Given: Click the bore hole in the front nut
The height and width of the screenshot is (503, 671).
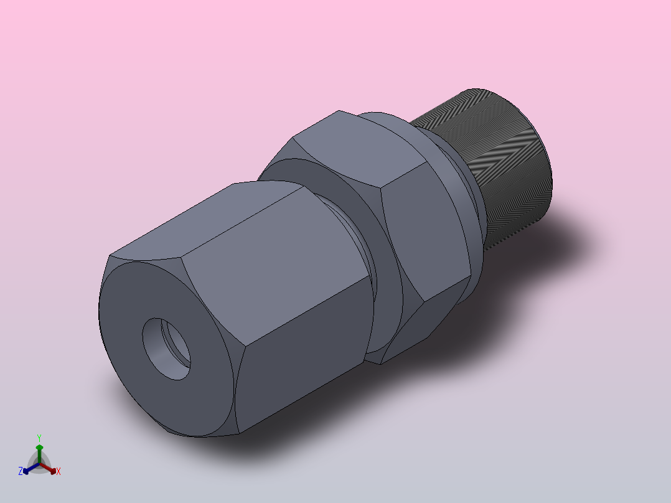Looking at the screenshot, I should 163,350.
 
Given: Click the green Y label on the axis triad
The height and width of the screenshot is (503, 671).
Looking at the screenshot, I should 39,438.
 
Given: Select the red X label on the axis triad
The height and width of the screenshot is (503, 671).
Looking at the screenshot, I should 59,471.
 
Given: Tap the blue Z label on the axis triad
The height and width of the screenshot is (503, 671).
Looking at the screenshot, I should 21,471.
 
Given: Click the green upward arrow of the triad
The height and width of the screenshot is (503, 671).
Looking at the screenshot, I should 39,449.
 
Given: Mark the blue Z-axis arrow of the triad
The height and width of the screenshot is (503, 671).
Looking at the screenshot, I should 28,469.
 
